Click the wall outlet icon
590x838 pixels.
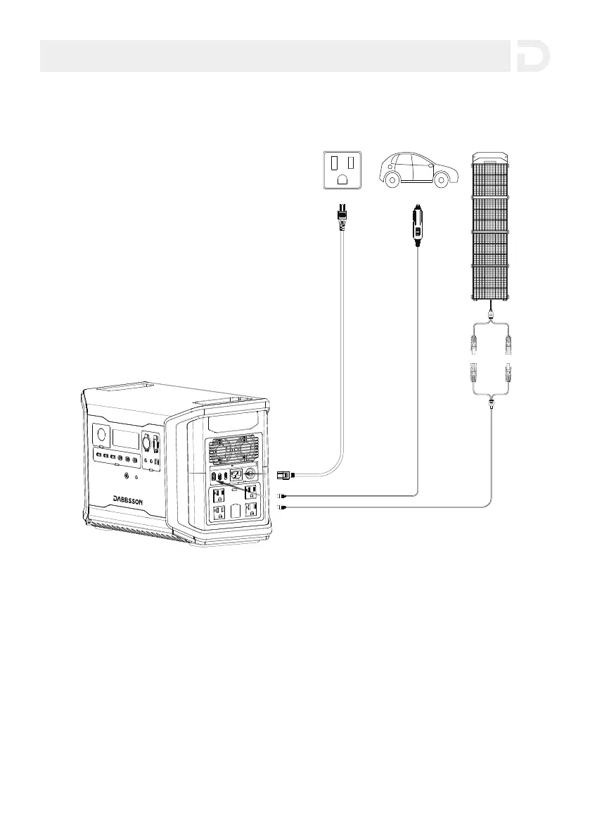(342, 171)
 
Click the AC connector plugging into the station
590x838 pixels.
(285, 476)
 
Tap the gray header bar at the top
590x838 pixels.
(274, 56)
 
